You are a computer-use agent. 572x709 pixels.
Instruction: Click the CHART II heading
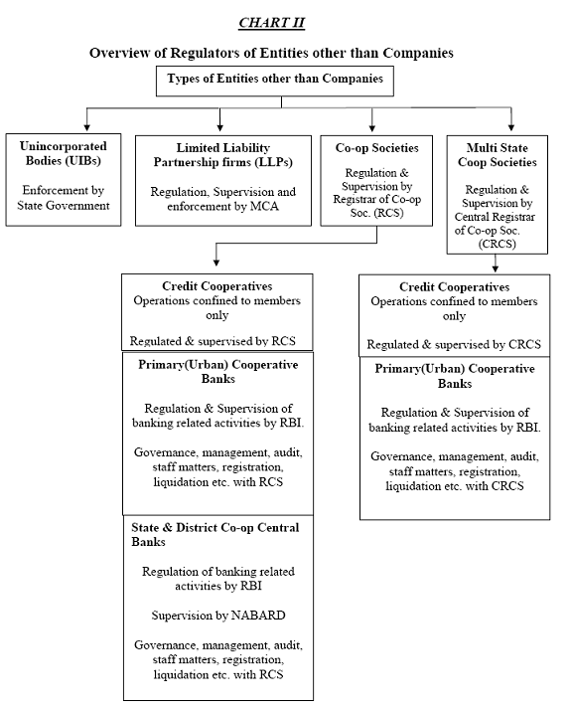tap(271, 23)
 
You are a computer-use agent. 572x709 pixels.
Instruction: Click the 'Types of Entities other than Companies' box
tap(274, 81)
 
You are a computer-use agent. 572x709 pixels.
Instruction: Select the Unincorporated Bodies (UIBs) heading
tap(64, 153)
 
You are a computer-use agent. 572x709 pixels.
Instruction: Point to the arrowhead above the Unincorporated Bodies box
tap(86, 127)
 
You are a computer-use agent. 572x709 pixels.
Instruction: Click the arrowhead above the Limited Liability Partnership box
tap(219, 126)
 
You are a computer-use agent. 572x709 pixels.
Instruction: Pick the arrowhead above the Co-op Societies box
tap(372, 127)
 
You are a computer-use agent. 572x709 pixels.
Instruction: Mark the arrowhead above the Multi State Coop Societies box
tap(511, 126)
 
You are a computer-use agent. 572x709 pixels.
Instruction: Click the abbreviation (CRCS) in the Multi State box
tap(498, 245)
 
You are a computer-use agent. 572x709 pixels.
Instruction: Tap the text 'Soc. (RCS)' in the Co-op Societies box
tap(376, 213)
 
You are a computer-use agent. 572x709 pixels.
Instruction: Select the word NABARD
tap(258, 616)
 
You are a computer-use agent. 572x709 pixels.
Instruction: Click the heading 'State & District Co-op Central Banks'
tap(215, 534)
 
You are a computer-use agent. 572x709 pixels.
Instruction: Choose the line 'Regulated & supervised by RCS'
tap(213, 341)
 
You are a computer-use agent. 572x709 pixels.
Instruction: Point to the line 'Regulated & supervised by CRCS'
tap(454, 344)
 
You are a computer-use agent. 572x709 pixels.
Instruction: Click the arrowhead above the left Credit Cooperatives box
tap(216, 262)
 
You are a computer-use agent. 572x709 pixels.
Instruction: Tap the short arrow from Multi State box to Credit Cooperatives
tap(496, 264)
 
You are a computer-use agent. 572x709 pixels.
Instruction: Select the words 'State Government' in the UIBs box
tap(64, 205)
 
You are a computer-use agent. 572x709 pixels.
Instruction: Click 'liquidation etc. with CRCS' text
tap(455, 486)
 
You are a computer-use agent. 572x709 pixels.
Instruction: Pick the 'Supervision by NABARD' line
tap(218, 616)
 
